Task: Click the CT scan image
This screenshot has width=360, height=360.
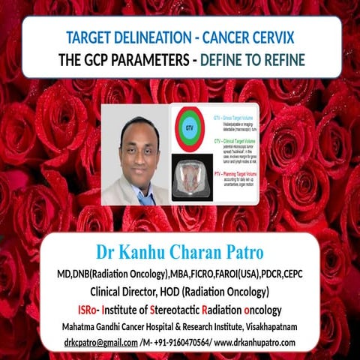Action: [x=190, y=178]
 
